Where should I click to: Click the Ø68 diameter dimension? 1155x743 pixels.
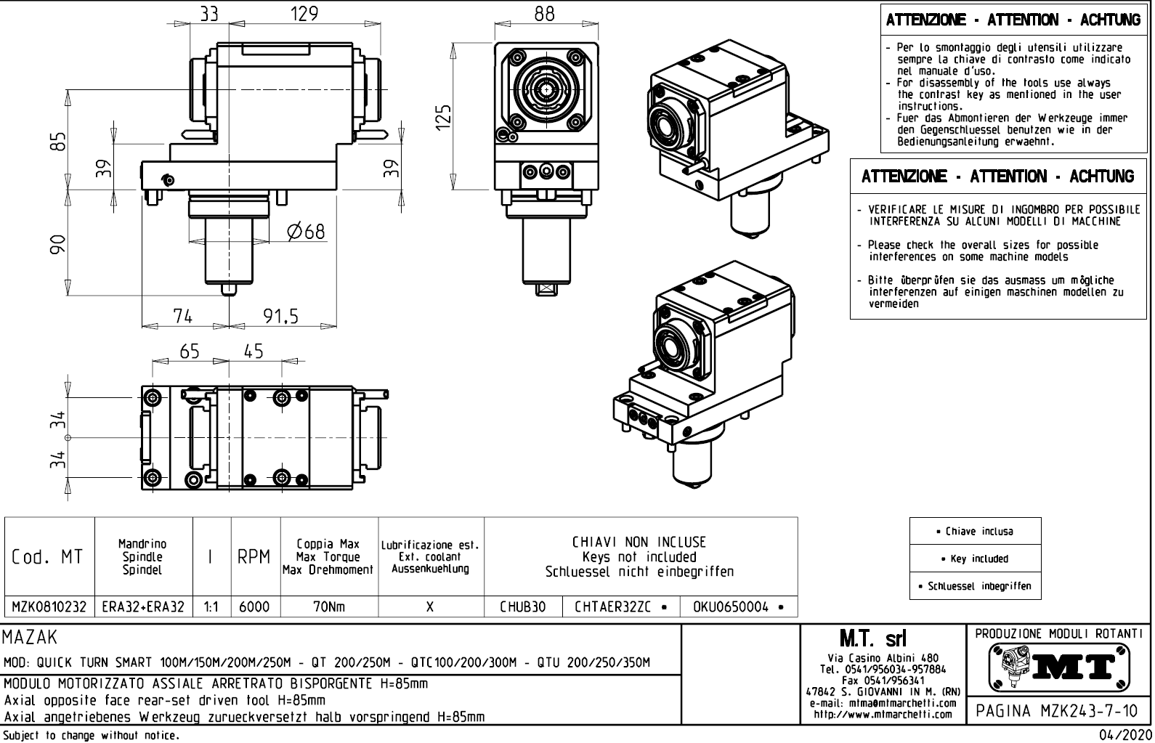(x=306, y=232)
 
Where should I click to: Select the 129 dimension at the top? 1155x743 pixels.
(x=304, y=14)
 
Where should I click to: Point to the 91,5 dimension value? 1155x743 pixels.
(x=280, y=316)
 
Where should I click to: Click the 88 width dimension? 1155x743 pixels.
(x=544, y=14)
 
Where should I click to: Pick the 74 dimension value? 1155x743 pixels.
(x=183, y=316)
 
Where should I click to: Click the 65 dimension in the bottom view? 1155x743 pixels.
(x=190, y=352)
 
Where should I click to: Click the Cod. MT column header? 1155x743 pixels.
(x=48, y=557)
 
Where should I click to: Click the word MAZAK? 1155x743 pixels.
(x=29, y=638)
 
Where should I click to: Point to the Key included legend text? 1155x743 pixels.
(x=975, y=559)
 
